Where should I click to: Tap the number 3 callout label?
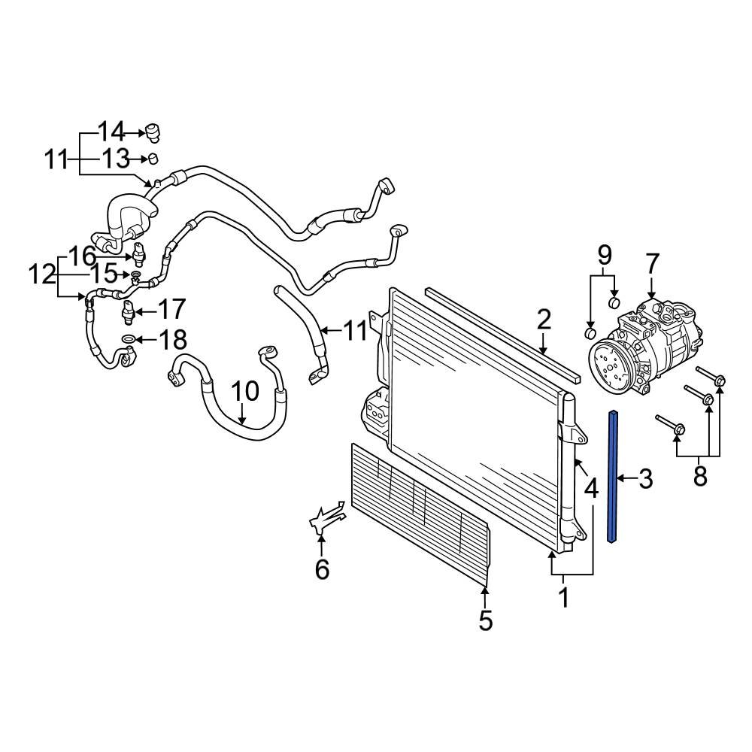[645, 478]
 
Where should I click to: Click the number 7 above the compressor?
[651, 265]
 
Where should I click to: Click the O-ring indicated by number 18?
[129, 340]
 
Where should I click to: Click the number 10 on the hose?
[244, 391]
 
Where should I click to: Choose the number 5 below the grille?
[485, 620]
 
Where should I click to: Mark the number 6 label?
[322, 569]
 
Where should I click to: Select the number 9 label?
[605, 256]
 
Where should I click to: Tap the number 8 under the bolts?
[700, 476]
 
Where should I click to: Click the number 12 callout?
[42, 275]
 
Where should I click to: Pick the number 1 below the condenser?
[563, 599]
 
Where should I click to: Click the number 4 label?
[591, 490]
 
